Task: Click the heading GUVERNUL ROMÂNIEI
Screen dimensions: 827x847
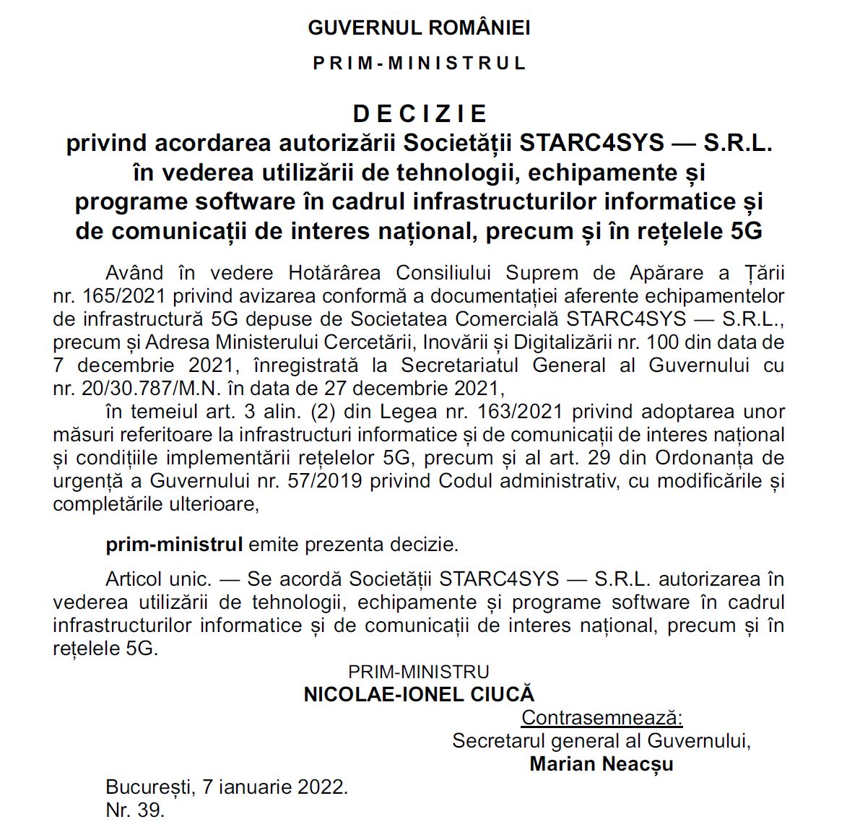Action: [419, 28]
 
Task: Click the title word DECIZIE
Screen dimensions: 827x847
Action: [420, 113]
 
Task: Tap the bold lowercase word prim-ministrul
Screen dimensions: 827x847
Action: [174, 545]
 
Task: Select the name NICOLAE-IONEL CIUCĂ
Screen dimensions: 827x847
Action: [419, 695]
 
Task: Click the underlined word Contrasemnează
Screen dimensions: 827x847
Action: [601, 718]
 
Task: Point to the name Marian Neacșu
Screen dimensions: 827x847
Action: [601, 764]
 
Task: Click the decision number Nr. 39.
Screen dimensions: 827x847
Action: [134, 810]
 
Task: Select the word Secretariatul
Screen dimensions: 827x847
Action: [460, 365]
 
